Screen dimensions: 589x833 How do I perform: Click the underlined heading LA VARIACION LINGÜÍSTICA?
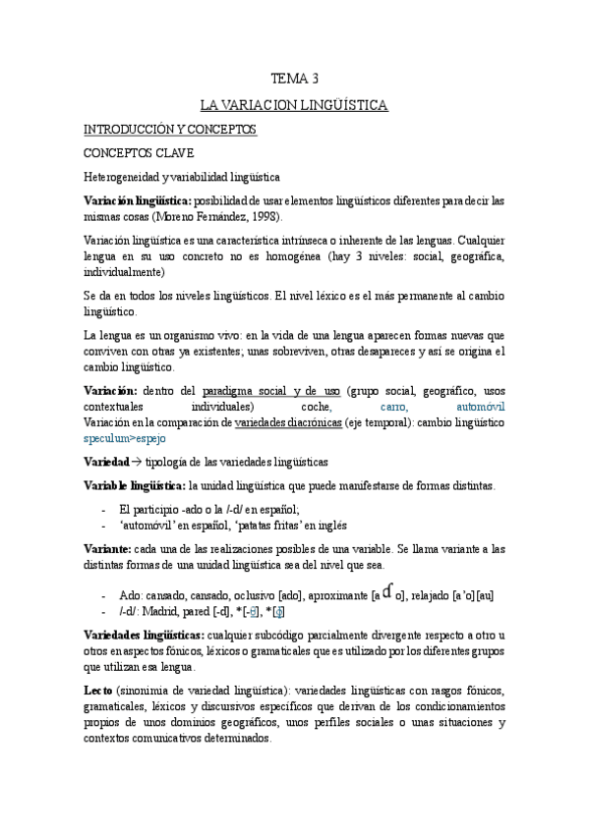[x=294, y=103]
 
